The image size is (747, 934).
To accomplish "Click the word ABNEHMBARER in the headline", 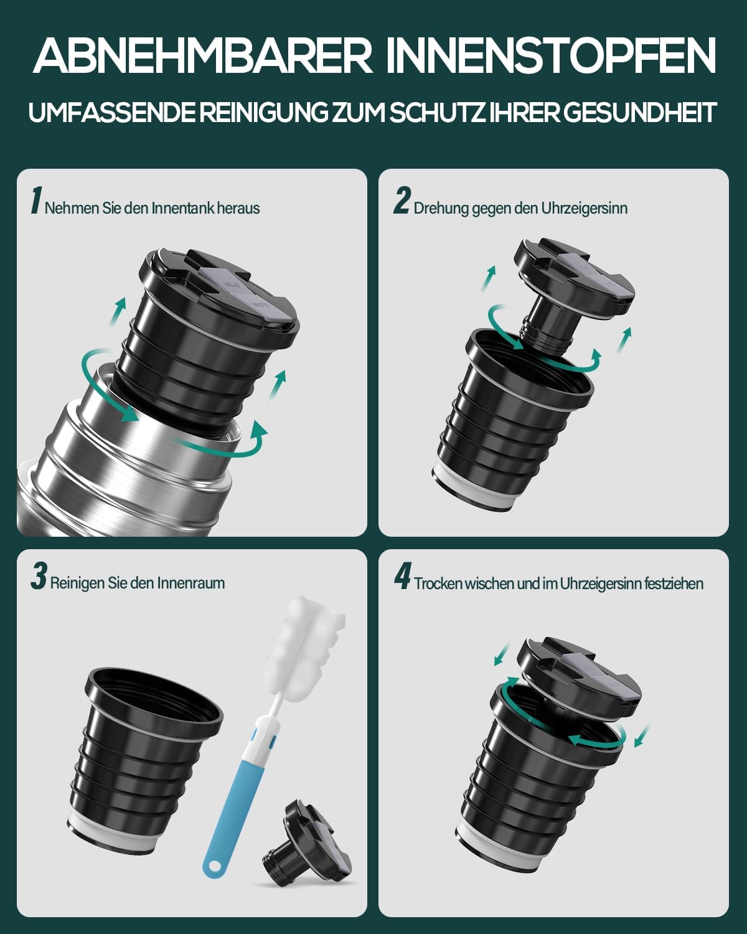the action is click(203, 56).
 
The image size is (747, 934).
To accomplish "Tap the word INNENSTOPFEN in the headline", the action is click(551, 56).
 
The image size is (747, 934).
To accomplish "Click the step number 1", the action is click(37, 200).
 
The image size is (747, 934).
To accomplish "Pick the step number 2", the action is click(402, 200).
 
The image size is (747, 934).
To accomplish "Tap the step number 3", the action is click(39, 577).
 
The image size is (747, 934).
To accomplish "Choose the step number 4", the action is click(402, 577).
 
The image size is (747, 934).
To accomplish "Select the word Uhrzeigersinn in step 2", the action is click(585, 209).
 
